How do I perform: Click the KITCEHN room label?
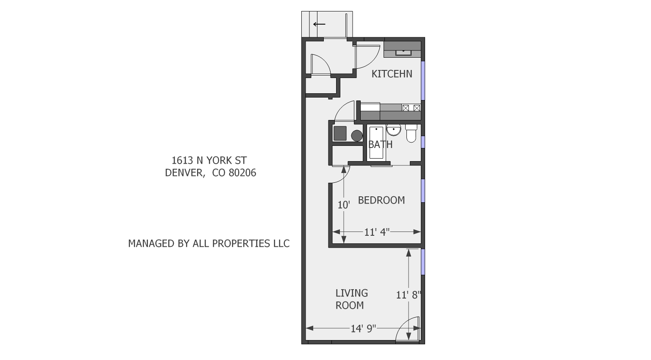(392, 74)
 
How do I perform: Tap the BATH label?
(380, 145)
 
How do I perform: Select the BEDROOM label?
(381, 200)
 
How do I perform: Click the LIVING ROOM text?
(351, 299)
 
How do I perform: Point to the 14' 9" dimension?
(363, 329)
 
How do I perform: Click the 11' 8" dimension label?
(408, 295)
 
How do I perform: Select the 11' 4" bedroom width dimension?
(377, 232)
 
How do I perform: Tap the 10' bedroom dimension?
(343, 205)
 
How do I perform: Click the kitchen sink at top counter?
(403, 52)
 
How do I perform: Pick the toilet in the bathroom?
(411, 133)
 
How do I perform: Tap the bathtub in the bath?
(376, 142)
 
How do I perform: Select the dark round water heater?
(357, 136)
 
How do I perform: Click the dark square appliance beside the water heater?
(340, 133)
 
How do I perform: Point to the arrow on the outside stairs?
(319, 24)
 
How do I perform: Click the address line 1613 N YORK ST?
(209, 160)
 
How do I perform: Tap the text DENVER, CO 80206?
(210, 173)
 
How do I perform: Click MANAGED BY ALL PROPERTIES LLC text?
(209, 243)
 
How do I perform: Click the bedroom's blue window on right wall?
(423, 191)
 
